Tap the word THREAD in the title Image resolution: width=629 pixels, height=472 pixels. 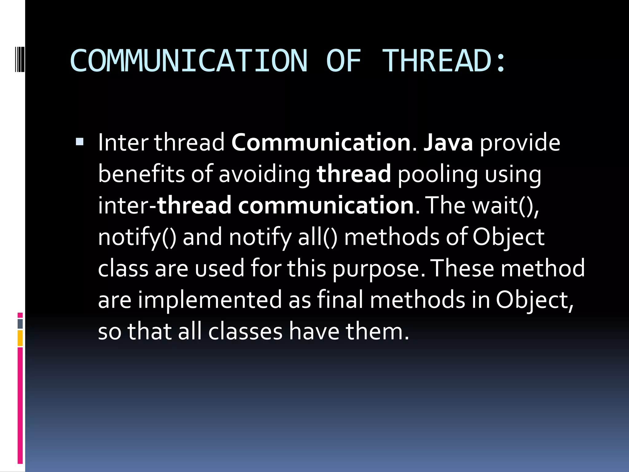[437, 61]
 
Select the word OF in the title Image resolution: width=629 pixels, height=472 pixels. [343, 61]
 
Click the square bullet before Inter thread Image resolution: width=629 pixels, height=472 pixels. [80, 142]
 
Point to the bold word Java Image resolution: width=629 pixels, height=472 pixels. [448, 143]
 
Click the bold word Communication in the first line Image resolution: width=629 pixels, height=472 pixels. [321, 143]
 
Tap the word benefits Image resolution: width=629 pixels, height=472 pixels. [141, 174]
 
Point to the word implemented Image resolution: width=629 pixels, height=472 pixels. [210, 300]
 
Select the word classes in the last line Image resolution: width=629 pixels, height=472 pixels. [245, 332]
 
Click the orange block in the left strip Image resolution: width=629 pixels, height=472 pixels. [20, 338]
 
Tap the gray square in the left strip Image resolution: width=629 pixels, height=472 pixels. [20, 324]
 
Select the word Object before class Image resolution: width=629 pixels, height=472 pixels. [508, 237]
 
